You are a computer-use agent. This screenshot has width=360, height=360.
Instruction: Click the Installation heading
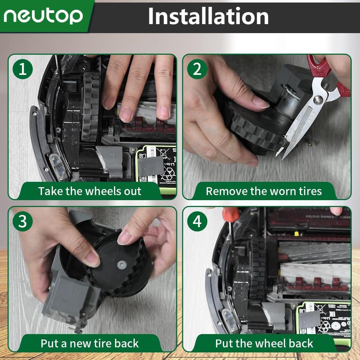208,16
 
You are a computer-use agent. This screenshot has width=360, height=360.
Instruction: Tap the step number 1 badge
23,69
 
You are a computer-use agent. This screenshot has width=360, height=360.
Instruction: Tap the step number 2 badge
197,69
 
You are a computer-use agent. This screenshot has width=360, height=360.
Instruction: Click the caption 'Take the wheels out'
90,191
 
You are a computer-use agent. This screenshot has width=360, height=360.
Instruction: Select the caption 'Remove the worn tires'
264,191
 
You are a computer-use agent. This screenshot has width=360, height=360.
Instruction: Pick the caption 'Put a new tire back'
90,343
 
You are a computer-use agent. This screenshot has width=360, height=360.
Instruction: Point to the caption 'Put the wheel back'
264,343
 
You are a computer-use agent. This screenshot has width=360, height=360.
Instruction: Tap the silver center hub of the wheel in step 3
121,265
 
